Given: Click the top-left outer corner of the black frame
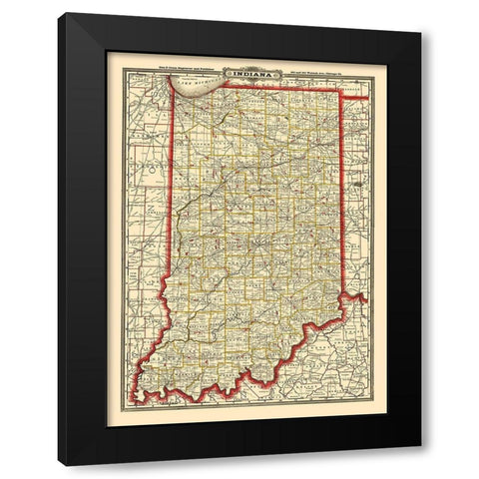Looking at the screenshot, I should point(58,13).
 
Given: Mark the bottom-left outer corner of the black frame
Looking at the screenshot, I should point(58,465).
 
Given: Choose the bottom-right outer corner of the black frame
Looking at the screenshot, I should point(421,447).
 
